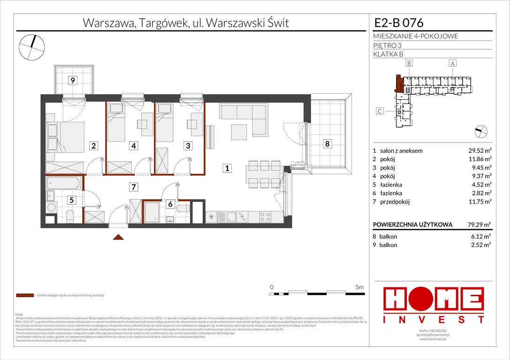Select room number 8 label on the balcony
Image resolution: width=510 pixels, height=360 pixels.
coord(327,144)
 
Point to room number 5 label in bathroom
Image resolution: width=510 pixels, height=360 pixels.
coord(72,200)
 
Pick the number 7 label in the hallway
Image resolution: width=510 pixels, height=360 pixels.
coord(134,187)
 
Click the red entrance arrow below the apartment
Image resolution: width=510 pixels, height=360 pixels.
coord(119,238)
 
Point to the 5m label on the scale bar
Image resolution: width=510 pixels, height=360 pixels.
coord(360,286)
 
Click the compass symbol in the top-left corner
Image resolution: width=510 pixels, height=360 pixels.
coord(32,46)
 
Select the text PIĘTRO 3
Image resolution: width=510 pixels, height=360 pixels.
coord(388,45)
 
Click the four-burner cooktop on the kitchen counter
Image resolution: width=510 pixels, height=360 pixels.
coord(265,217)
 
